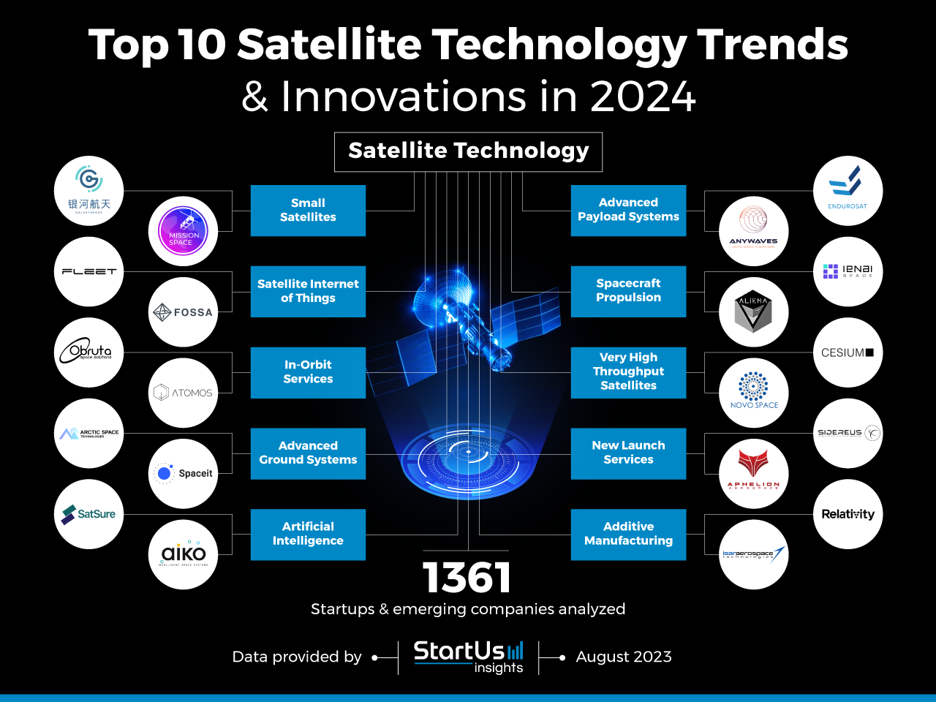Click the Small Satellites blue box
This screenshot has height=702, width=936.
click(x=308, y=211)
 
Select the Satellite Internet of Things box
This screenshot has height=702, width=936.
click(x=308, y=291)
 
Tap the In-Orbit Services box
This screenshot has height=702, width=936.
click(x=308, y=372)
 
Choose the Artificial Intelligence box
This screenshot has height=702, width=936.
click(x=308, y=534)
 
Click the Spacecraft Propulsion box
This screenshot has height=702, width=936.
click(x=628, y=291)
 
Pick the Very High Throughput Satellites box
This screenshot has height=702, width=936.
click(x=628, y=372)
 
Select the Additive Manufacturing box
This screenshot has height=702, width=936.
click(x=628, y=534)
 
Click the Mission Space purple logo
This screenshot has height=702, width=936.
click(x=183, y=231)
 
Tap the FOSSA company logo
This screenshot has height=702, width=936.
click(x=183, y=312)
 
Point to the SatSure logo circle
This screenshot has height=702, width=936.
click(x=88, y=514)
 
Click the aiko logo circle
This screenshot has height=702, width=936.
click(x=183, y=554)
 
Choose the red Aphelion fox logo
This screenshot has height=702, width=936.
click(x=753, y=473)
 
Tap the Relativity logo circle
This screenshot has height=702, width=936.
click(x=848, y=514)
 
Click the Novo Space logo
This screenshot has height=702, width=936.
click(x=753, y=393)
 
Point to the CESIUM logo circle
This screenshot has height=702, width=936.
click(x=848, y=352)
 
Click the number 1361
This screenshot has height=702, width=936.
click(x=467, y=578)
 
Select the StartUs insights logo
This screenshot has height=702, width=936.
click(x=469, y=656)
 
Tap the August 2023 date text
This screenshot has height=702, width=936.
click(x=624, y=657)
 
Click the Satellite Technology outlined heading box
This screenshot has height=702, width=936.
click(x=468, y=151)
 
